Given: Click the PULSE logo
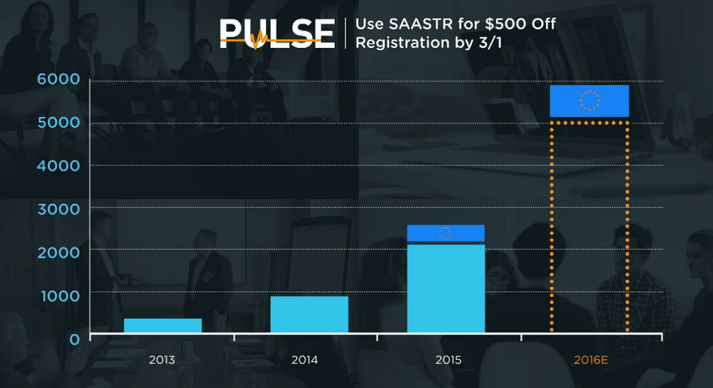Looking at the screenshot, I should [x=277, y=33].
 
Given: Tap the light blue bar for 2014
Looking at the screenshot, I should [x=308, y=314].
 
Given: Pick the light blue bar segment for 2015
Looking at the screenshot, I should [x=446, y=288].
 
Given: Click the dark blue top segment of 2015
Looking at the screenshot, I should [x=446, y=233].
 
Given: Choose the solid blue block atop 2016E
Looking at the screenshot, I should [x=589, y=101].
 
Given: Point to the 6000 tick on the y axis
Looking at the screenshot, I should [x=59, y=80].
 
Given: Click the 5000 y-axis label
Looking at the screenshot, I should [x=59, y=123].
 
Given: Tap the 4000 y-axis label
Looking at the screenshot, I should [x=59, y=166].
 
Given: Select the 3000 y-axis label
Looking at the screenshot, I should [x=59, y=208].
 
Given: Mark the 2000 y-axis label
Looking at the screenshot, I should [x=59, y=251].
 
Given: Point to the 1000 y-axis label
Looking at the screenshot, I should [x=59, y=294].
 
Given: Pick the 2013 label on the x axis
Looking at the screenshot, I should [x=162, y=360].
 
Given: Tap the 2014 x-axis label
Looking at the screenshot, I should [x=304, y=360].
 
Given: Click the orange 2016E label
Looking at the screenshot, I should [x=592, y=360].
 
